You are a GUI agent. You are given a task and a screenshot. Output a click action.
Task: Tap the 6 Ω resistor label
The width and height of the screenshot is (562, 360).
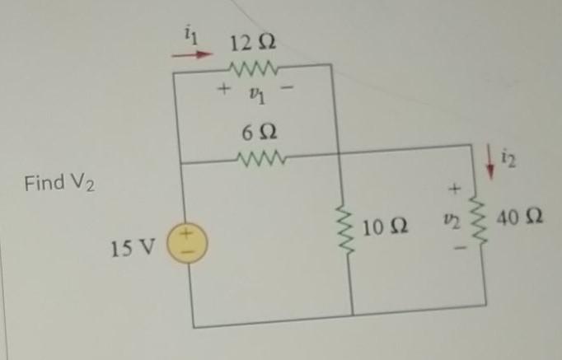(260, 131)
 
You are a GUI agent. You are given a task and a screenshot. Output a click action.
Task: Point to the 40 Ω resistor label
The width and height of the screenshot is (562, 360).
(520, 218)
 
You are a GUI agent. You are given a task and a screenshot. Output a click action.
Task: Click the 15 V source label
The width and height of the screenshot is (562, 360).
(132, 246)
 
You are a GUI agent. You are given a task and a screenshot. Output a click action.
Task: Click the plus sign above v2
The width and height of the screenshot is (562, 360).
(452, 189)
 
